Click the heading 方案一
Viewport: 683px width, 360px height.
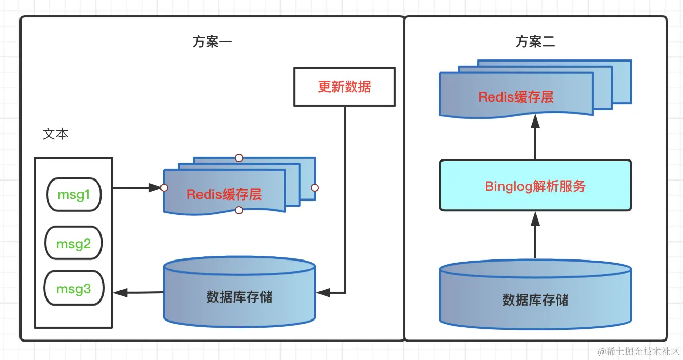[x=212, y=42]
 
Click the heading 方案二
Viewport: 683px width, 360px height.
[x=535, y=42]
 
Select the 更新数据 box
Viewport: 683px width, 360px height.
[x=344, y=87]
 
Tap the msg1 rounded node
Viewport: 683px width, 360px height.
[x=74, y=195]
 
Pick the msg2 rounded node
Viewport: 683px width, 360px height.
[x=73, y=244]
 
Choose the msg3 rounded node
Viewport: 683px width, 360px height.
[x=73, y=289]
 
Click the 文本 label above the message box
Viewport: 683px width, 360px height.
[x=55, y=134]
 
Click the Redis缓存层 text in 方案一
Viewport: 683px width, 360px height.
[x=224, y=194]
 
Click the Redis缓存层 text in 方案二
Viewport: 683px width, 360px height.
[x=516, y=97]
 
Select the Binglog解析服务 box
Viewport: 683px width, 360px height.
[x=535, y=186]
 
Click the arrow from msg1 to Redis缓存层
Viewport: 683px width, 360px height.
[x=136, y=188]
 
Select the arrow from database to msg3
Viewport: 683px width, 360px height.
[x=138, y=293]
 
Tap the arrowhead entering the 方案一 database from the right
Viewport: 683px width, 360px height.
[x=323, y=293]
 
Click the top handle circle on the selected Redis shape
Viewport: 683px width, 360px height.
[x=239, y=158]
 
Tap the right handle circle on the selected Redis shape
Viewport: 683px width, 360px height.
[x=315, y=188]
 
